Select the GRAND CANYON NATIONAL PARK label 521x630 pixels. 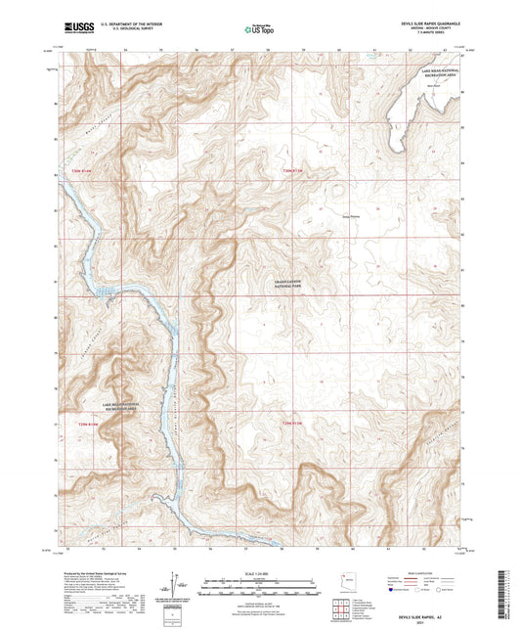click(288, 285)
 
